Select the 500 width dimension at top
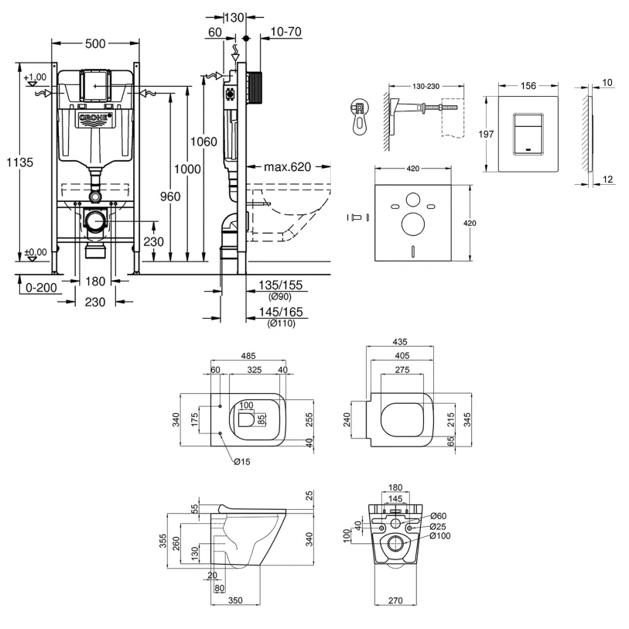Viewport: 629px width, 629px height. [96, 44]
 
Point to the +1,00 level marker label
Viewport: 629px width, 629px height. [35, 77]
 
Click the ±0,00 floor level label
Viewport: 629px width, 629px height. [35, 252]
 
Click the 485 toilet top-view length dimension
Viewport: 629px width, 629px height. [248, 357]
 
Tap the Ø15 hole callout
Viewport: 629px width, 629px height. [242, 462]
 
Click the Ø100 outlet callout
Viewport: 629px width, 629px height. [438, 536]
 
